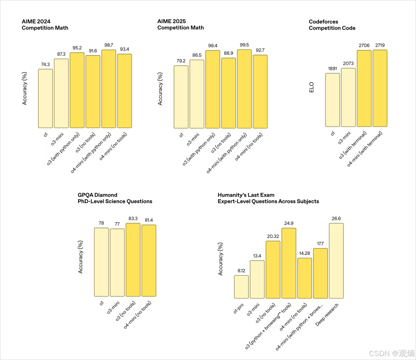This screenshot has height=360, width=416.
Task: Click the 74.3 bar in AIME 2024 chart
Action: pos(45,99)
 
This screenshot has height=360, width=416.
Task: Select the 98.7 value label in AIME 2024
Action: pos(109,45)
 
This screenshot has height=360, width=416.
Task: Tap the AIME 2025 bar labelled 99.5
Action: pos(244,89)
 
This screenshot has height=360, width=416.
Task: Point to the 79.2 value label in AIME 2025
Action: pos(181,61)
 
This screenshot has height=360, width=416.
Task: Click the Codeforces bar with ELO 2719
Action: pos(380,88)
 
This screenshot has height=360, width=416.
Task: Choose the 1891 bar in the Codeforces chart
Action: pos(332,100)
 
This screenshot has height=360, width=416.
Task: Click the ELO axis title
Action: pos(312,87)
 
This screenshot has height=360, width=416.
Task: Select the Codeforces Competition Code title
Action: pos(332,25)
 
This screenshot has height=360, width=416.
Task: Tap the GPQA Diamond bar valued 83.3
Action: pos(133,260)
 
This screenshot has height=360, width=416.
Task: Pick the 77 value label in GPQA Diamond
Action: pos(117,224)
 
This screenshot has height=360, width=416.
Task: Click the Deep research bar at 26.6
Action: pos(336,261)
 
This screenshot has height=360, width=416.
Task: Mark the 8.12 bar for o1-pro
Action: pos(242,287)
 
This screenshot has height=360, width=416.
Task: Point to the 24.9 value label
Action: pos(289,223)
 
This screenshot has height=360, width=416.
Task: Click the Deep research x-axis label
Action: pos(327,315)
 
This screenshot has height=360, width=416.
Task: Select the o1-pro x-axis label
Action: pos(238,308)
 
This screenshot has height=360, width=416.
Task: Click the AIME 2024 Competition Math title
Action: pos(45,25)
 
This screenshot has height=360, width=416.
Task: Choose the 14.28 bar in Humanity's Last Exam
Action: pos(305,278)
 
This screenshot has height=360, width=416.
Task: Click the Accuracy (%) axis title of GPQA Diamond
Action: pos(81,257)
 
